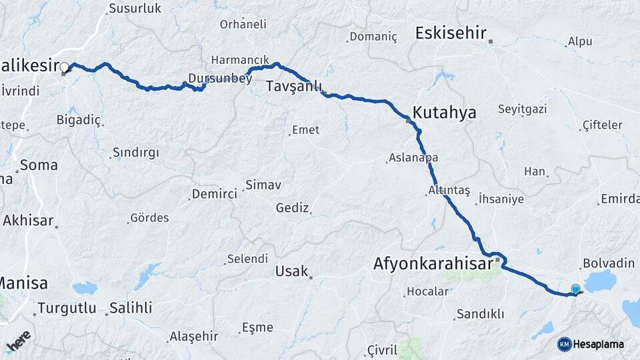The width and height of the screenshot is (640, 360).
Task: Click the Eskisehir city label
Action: click(x=451, y=33)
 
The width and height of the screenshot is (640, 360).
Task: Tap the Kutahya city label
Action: click(x=444, y=112)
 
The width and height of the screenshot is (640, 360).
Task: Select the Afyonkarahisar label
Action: click(x=433, y=264)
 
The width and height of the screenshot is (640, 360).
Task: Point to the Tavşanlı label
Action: click(x=294, y=87)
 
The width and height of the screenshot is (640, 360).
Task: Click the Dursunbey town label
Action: click(x=220, y=79)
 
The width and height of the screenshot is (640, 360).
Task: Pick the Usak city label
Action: click(x=291, y=271)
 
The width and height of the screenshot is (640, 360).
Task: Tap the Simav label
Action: click(x=263, y=184)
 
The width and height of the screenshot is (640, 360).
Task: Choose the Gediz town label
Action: click(x=292, y=208)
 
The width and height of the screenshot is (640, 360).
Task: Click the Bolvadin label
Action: click(x=608, y=263)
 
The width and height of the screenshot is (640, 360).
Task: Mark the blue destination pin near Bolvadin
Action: click(x=575, y=289)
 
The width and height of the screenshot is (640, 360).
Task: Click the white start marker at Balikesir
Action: click(x=65, y=67)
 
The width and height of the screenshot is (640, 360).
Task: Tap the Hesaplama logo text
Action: click(x=599, y=344)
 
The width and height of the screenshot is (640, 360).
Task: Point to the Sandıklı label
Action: click(x=480, y=314)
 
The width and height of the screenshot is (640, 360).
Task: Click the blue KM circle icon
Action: click(x=564, y=344)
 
